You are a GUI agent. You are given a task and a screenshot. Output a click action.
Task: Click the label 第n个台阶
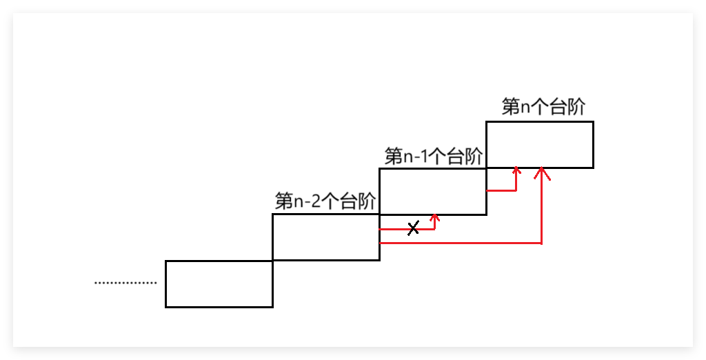click(x=544, y=107)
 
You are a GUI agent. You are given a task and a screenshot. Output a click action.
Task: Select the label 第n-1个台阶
click(x=434, y=156)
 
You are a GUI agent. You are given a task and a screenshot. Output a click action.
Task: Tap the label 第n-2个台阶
click(x=325, y=201)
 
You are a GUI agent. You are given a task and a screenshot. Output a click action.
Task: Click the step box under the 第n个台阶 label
click(x=539, y=144)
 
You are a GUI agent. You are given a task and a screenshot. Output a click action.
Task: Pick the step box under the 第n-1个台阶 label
click(x=433, y=191)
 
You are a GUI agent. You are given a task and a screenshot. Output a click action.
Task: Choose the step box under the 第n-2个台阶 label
click(x=325, y=237)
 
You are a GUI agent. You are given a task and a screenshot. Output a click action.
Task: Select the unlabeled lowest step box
click(x=219, y=283)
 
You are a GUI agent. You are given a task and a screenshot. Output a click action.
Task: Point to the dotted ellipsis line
click(x=125, y=282)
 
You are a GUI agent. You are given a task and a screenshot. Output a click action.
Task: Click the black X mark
click(x=413, y=228)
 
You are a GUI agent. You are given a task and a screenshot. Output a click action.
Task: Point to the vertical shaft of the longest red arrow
click(x=543, y=207)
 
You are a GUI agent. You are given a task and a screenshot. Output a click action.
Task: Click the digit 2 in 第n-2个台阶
click(x=315, y=202)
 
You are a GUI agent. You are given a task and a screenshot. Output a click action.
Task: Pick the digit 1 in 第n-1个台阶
click(x=423, y=157)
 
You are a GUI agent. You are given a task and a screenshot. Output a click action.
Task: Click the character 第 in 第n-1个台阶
click(x=394, y=156)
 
